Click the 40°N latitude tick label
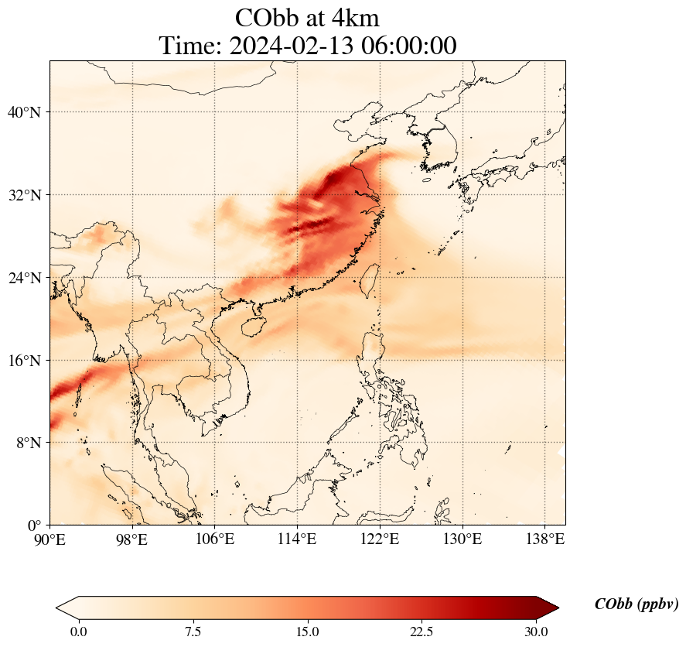pyautogui.click(x=23, y=112)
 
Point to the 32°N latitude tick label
pyautogui.click(x=23, y=195)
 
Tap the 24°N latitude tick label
pyautogui.click(x=23, y=278)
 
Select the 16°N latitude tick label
pyautogui.click(x=23, y=361)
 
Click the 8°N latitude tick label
pyautogui.click(x=26, y=443)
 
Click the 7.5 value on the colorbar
pyautogui.click(x=193, y=632)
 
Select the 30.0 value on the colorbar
pyautogui.click(x=536, y=632)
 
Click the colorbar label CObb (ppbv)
pyautogui.click(x=636, y=604)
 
